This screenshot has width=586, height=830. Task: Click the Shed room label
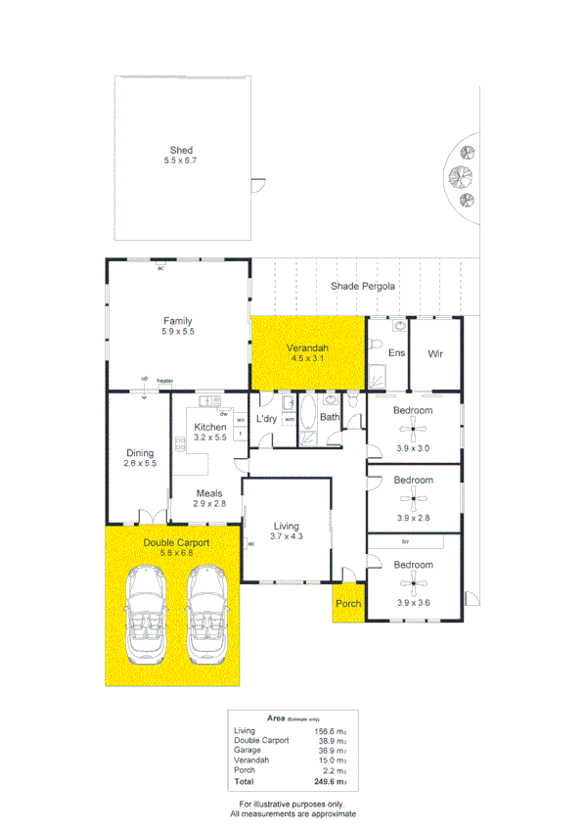pyautogui.click(x=181, y=151)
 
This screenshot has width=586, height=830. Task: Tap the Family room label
pyautogui.click(x=177, y=321)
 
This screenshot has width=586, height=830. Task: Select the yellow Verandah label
pyautogui.click(x=306, y=349)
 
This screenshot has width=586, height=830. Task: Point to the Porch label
pyautogui.click(x=348, y=604)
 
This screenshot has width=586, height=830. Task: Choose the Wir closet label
pyautogui.click(x=435, y=353)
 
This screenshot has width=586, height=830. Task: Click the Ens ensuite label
pyautogui.click(x=397, y=353)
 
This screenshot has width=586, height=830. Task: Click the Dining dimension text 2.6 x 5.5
pyautogui.click(x=140, y=464)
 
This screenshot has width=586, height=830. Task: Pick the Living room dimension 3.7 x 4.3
pyautogui.click(x=288, y=536)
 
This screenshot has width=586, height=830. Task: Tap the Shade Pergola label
pyautogui.click(x=363, y=287)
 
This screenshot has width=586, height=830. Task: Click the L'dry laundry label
pyautogui.click(x=267, y=419)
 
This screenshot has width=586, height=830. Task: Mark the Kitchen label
pyautogui.click(x=210, y=427)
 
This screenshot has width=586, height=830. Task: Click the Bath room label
pyautogui.click(x=330, y=418)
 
